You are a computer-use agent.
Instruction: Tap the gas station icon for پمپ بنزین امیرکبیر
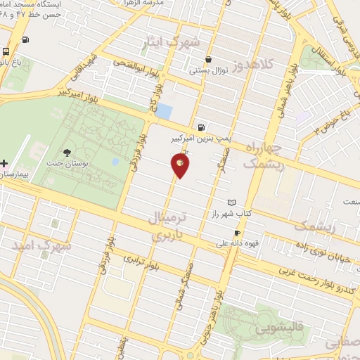tap(202, 127)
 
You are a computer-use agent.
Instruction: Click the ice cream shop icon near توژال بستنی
tap(208, 60)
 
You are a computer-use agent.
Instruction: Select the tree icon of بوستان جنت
tap(67, 153)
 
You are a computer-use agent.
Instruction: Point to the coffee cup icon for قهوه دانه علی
tap(237, 233)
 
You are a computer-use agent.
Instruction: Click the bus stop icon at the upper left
tap(6, 51)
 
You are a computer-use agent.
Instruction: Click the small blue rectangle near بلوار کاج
tap(164, 111)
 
